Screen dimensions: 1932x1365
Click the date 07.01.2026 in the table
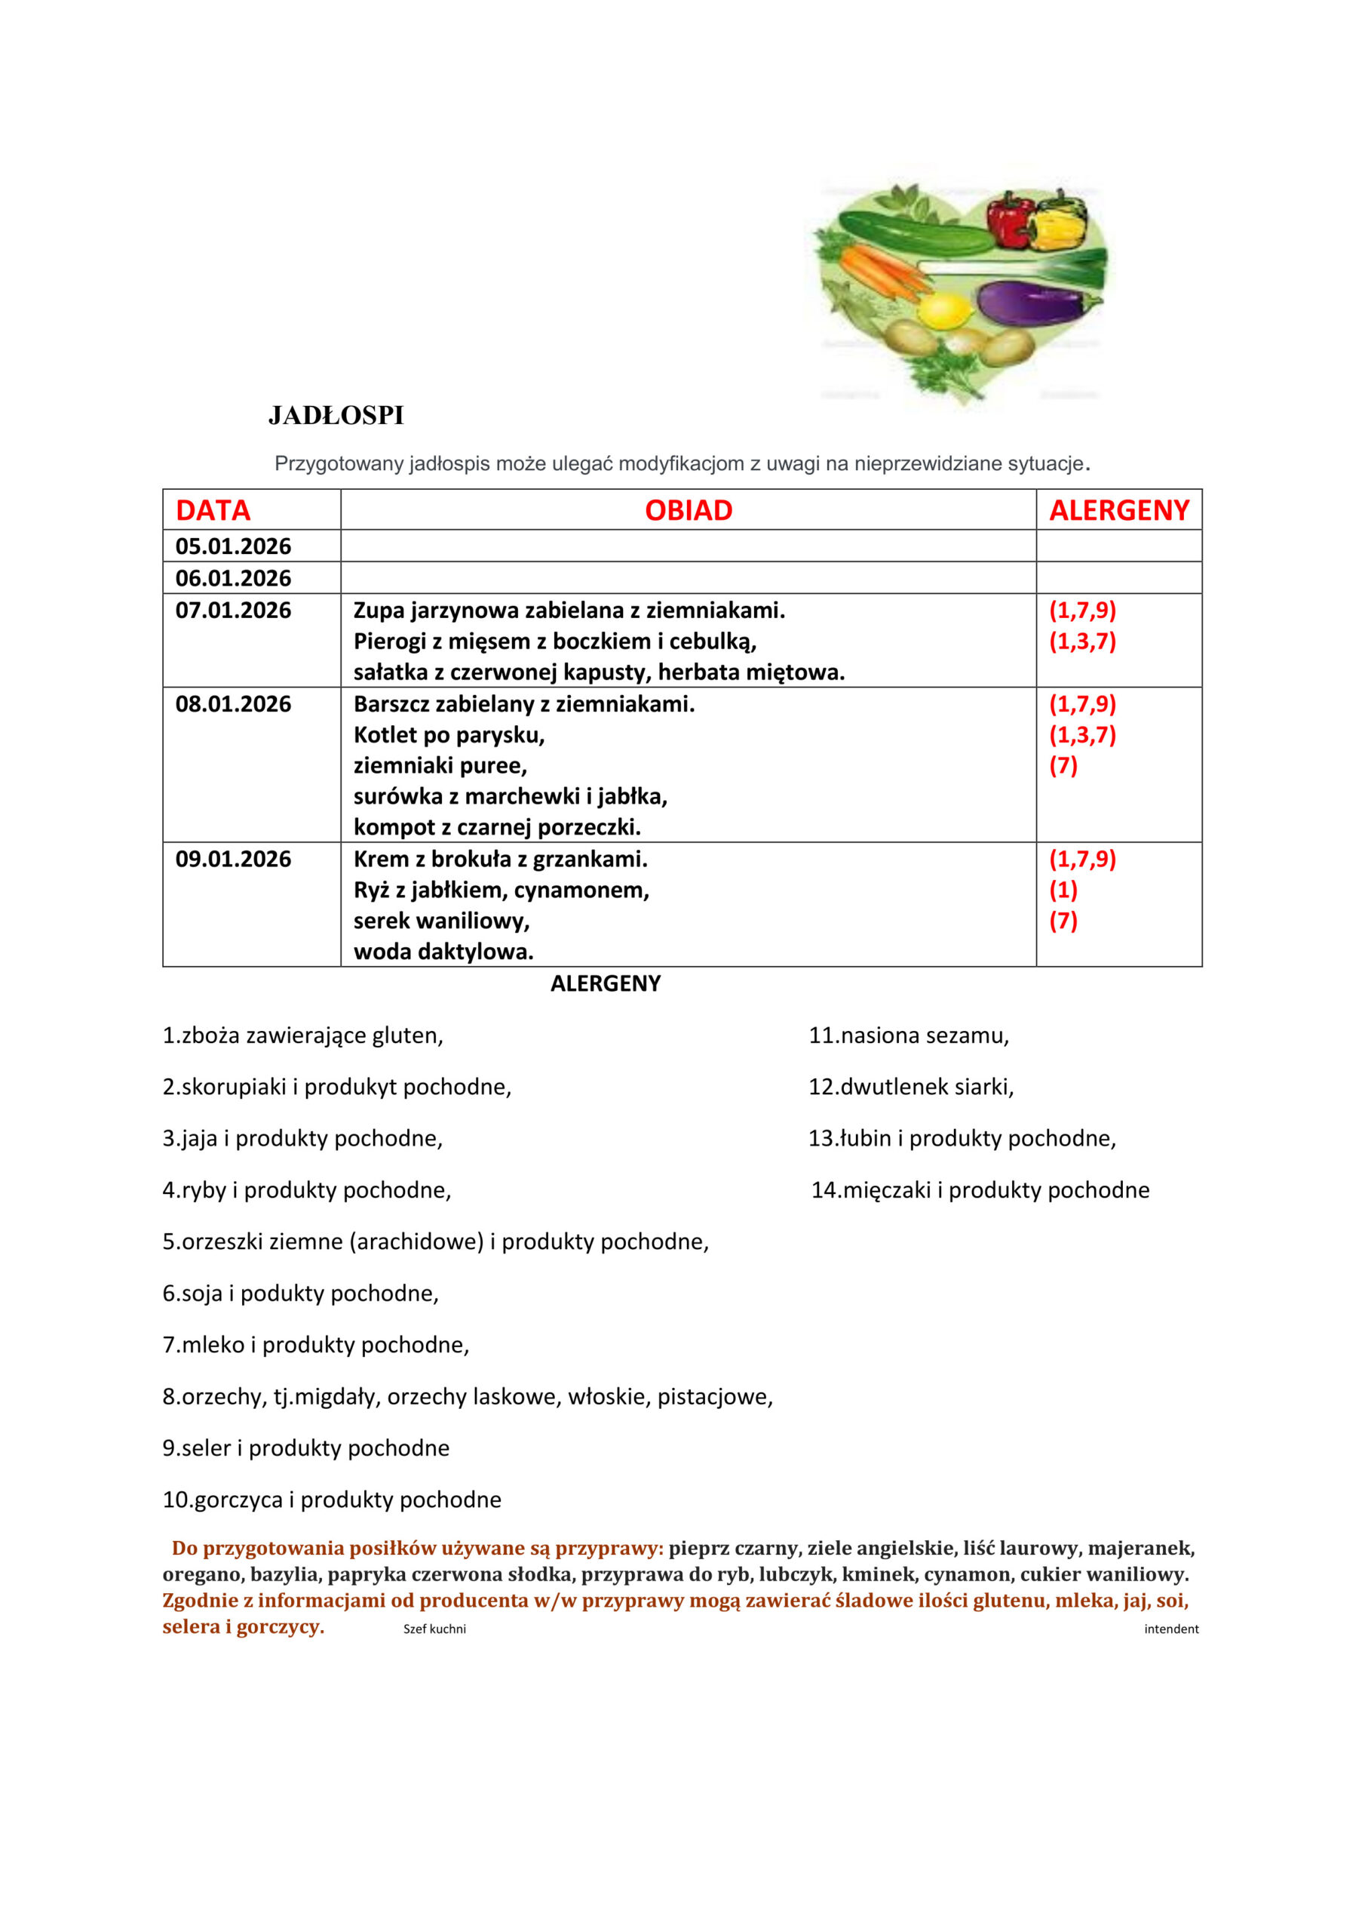(233, 610)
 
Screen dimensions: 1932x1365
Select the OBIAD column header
(688, 510)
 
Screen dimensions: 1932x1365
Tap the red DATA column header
(213, 510)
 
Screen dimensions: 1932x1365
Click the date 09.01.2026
(233, 859)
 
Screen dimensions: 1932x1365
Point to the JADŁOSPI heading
(336, 416)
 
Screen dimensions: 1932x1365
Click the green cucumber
(917, 233)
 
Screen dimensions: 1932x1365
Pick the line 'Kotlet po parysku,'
(449, 734)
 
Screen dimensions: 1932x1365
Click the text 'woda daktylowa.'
(443, 952)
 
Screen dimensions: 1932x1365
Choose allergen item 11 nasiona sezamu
(908, 1035)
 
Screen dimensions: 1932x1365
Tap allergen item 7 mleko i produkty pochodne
(315, 1345)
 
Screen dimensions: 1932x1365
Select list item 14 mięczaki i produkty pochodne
(980, 1190)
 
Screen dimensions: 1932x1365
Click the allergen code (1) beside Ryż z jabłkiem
(1063, 890)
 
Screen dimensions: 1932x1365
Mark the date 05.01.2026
(233, 546)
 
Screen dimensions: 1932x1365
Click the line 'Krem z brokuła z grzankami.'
(501, 859)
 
